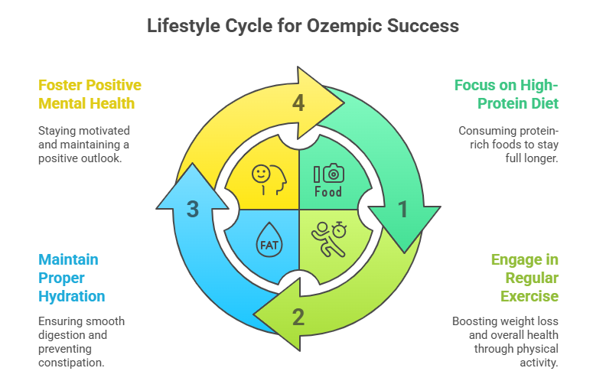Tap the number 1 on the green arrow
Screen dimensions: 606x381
(403, 209)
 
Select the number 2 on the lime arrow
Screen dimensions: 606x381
(298, 317)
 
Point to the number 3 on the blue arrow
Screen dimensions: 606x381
(193, 209)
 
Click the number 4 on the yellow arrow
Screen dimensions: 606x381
(298, 103)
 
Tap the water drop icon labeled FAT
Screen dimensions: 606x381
(269, 239)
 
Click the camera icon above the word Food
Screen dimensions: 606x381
(333, 174)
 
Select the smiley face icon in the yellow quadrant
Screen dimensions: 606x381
(261, 174)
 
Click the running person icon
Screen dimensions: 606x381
(327, 240)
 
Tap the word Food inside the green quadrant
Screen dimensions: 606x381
(328, 192)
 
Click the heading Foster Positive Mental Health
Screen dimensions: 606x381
(90, 94)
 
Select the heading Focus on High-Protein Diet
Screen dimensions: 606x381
(507, 94)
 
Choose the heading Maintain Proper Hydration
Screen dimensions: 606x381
(71, 278)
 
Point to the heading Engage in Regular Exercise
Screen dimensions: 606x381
(524, 278)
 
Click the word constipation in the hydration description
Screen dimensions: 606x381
(71, 363)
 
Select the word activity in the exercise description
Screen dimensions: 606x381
(539, 363)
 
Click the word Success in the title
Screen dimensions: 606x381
(423, 26)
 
